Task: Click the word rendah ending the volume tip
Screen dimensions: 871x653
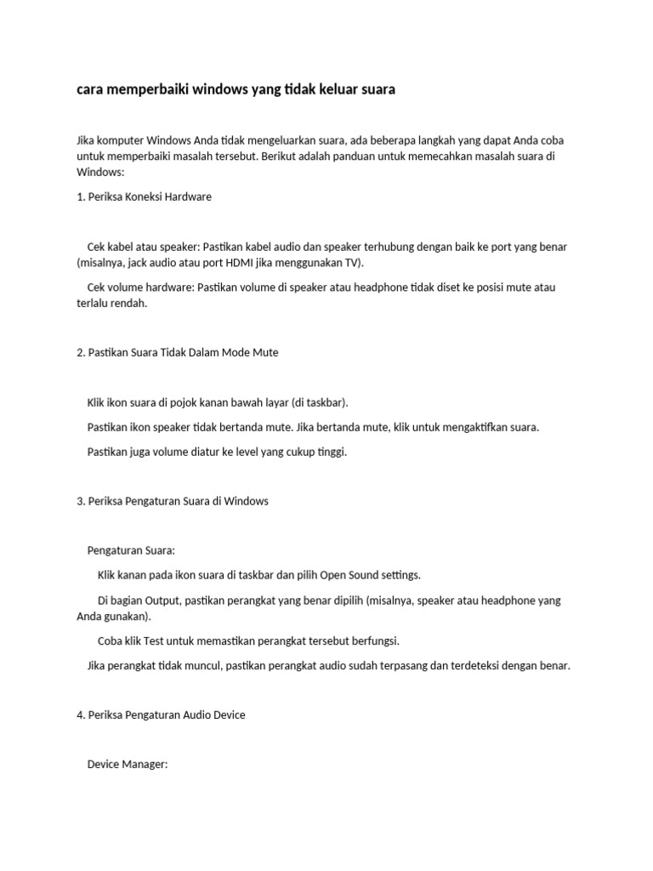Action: [x=128, y=303]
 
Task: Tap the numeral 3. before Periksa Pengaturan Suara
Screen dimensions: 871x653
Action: [x=81, y=501]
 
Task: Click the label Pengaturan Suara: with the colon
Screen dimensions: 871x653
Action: [x=131, y=550]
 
